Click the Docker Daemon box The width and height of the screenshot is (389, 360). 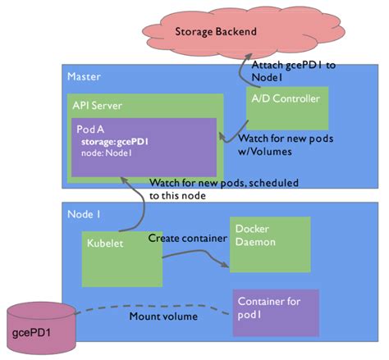[268, 244]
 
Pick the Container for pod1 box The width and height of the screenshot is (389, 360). [272, 312]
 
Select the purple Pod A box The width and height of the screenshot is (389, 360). [144, 148]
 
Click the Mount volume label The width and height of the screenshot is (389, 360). [162, 316]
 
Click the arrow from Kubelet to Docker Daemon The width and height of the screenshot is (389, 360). [197, 257]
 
